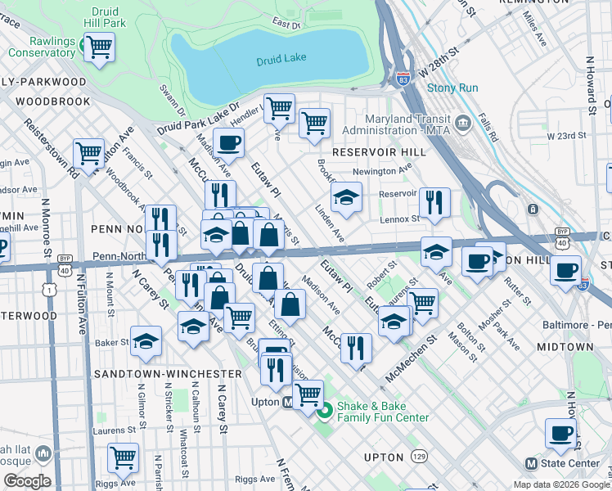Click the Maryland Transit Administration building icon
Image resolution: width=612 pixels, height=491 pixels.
tap(463, 122)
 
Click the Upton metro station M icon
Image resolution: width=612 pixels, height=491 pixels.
tap(288, 403)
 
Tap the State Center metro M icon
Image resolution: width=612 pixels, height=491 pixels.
tap(531, 463)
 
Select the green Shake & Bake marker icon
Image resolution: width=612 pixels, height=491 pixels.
tap(324, 411)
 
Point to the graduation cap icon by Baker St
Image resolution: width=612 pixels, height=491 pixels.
tap(146, 341)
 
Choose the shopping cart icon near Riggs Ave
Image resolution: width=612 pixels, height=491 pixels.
tap(123, 457)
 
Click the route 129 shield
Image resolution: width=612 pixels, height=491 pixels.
tap(419, 455)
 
